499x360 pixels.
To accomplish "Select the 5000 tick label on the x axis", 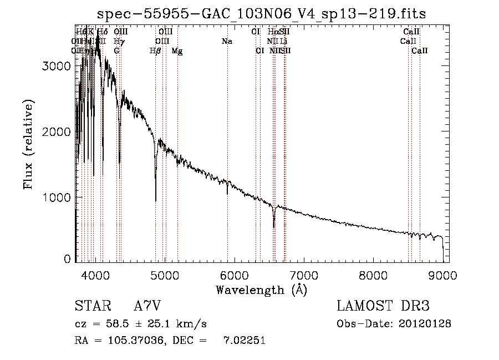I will coord(165,275).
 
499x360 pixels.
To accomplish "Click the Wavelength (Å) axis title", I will coord(261,290).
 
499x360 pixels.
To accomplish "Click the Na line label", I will coord(227,41).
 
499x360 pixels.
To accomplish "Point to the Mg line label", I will coord(177,51).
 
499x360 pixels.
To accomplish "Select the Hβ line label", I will coord(156,51).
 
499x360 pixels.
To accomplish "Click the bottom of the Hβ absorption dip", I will coord(156,201).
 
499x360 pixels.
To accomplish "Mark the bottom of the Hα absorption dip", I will coord(274,227).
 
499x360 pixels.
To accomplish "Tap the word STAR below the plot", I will coord(91,306).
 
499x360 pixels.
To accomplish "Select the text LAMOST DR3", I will coord(383,306).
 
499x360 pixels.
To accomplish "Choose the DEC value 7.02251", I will coord(244,341).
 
